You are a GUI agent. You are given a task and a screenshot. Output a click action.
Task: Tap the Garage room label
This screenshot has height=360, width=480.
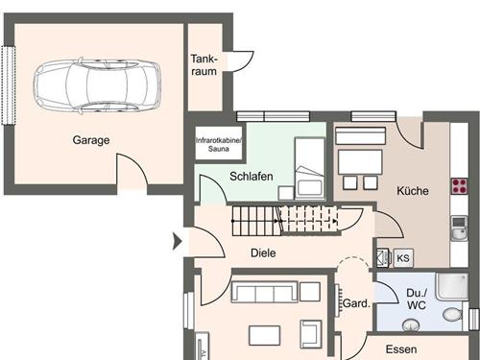[x=91, y=140]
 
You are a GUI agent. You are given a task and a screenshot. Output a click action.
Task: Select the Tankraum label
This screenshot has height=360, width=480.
[x=204, y=65]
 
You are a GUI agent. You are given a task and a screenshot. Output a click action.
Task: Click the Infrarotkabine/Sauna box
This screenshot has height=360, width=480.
[x=220, y=146]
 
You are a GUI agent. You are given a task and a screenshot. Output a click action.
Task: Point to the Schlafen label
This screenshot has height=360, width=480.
[x=252, y=177]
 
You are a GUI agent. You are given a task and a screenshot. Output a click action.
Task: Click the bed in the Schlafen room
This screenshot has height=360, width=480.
[x=310, y=167]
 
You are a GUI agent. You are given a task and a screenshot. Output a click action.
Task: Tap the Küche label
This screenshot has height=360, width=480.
[x=413, y=191]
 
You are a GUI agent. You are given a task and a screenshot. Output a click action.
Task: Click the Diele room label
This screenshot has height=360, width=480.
[x=263, y=253]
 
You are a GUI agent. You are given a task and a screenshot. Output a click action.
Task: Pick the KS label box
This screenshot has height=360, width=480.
[x=402, y=257]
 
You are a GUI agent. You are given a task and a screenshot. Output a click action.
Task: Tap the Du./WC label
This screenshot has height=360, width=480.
[x=416, y=299]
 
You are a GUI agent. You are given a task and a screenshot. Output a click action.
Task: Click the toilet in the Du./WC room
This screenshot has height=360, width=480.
[x=450, y=314]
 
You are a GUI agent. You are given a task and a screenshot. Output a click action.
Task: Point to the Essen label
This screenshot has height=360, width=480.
[x=400, y=349]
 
